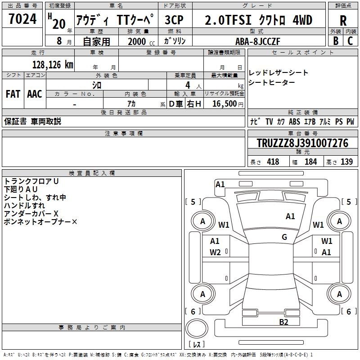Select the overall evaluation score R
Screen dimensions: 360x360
pyautogui.click(x=343, y=20)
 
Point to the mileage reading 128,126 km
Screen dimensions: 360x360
pyautogui.click(x=53, y=65)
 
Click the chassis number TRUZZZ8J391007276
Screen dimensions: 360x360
pyautogui.click(x=302, y=143)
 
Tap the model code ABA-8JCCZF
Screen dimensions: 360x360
pyautogui.click(x=258, y=41)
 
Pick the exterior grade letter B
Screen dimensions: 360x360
pyautogui.click(x=336, y=41)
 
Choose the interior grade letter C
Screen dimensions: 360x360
pyautogui.click(x=351, y=41)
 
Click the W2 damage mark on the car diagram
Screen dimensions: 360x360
pyautogui.click(x=215, y=252)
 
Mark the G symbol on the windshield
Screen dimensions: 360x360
pyautogui.click(x=284, y=237)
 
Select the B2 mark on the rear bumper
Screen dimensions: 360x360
pyautogui.click(x=283, y=322)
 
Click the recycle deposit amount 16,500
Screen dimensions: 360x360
pyautogui.click(x=224, y=104)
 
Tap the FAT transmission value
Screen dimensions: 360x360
pyautogui.click(x=13, y=94)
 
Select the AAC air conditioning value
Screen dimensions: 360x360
pyautogui.click(x=34, y=94)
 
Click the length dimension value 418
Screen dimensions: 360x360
pyautogui.click(x=273, y=162)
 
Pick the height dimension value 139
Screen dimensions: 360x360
pyautogui.click(x=346, y=162)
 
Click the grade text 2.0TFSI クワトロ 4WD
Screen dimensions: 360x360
pyautogui.click(x=258, y=20)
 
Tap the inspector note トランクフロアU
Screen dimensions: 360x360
pyautogui.click(x=31, y=181)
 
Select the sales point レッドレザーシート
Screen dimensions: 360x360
pyautogui.click(x=279, y=73)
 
